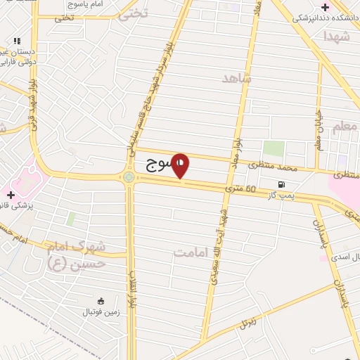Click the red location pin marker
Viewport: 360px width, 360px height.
pyautogui.click(x=181, y=165)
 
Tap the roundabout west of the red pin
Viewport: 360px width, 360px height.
pyautogui.click(x=129, y=177)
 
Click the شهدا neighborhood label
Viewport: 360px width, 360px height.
pyautogui.click(x=337, y=36)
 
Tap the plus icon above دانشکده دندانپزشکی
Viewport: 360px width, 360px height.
pyautogui.click(x=324, y=7)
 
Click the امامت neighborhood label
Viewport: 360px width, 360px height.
pyautogui.click(x=191, y=251)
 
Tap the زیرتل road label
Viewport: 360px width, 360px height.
pyautogui.click(x=247, y=323)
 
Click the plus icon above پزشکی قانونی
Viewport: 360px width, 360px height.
pyautogui.click(x=11, y=194)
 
